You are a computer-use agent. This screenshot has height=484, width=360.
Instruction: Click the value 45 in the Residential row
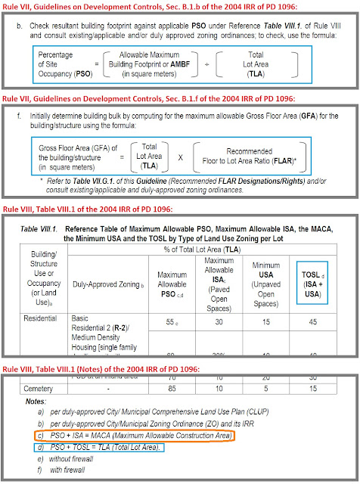click(x=311, y=323)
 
